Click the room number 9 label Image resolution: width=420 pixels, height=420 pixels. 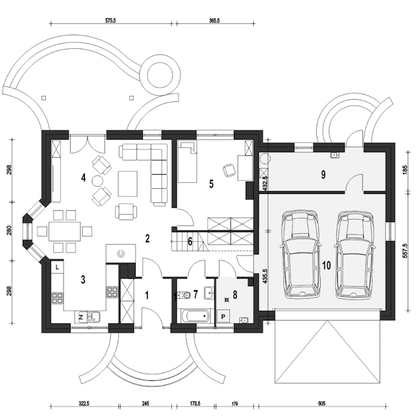click(x=323, y=175)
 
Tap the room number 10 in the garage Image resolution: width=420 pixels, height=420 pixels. click(x=326, y=265)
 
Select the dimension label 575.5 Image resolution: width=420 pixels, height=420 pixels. click(x=111, y=21)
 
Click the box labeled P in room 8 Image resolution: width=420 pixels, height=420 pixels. click(x=223, y=316)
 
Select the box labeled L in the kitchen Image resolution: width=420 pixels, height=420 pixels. click(x=57, y=267)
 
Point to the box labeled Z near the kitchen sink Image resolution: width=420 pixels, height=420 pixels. click(x=81, y=317)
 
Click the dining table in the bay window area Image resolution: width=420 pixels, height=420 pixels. click(x=65, y=231)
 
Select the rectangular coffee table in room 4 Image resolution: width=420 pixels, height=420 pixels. click(x=128, y=184)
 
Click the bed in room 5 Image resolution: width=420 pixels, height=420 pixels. click(x=187, y=161)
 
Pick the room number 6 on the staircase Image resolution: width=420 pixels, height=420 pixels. click(x=190, y=241)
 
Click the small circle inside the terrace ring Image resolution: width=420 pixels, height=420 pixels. click(x=160, y=75)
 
